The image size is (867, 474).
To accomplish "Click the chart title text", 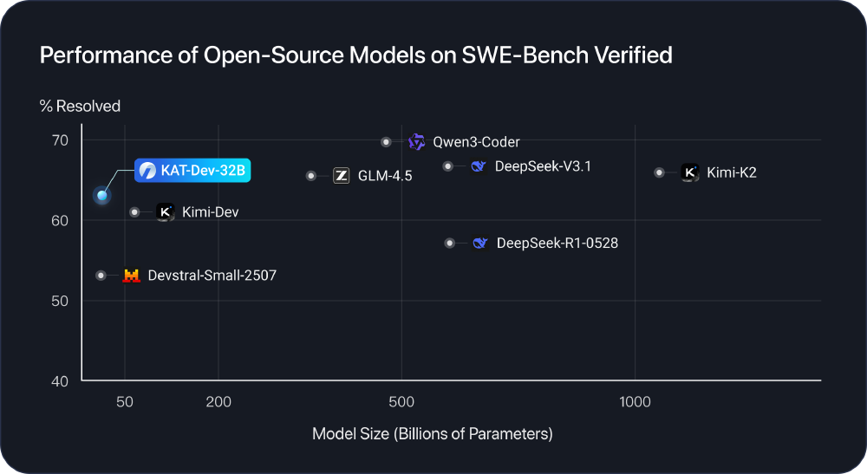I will coord(355,55).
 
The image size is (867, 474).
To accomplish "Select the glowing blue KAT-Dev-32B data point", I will coord(102,196).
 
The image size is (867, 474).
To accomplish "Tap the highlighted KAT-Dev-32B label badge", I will coord(193,171).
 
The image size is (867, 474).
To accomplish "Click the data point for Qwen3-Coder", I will coord(387,142).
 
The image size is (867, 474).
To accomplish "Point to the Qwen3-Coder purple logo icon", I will coord(417,142).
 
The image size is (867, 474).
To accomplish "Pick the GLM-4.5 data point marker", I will coord(311,176).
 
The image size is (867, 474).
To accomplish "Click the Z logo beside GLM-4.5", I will coord(342,176).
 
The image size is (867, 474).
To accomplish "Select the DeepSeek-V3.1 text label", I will coord(543,166).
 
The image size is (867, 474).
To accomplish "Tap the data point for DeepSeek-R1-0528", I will coord(449,243).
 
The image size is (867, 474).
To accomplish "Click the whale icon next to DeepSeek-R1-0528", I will coord(479,243).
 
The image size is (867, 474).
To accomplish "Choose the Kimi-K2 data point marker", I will coord(659,172).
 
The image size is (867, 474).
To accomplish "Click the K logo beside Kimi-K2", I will coord(689,172).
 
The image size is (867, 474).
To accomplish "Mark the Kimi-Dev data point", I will coord(134,212).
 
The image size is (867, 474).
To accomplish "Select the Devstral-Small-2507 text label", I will coord(212,276).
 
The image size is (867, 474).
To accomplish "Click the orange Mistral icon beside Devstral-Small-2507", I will coord(131,276).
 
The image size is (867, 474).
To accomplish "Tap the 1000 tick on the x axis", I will coord(636,402).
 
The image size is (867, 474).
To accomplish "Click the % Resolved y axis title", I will coord(80,107).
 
